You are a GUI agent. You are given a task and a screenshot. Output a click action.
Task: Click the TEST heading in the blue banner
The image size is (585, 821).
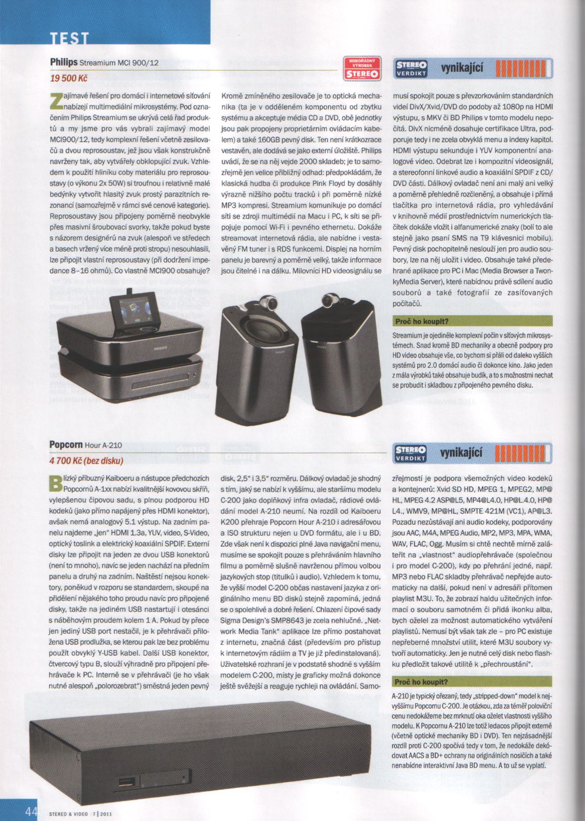coord(70,38)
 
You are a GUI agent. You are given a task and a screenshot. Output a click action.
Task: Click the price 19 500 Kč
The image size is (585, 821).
coord(69,77)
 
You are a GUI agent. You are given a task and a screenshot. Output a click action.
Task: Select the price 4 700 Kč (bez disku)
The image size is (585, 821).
coord(86,460)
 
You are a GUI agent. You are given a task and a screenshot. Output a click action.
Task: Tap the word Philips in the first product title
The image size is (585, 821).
coord(64,62)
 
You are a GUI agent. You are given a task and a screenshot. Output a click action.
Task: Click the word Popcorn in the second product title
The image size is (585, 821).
coord(66,445)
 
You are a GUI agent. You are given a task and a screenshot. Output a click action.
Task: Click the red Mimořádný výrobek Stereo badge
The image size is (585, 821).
coord(361,68)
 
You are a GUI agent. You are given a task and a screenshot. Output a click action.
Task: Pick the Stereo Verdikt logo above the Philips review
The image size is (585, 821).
coord(411,69)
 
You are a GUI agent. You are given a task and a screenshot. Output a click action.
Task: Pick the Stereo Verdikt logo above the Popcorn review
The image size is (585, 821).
coord(411,453)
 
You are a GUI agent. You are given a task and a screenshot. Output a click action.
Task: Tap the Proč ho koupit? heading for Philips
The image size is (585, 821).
coord(421,321)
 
